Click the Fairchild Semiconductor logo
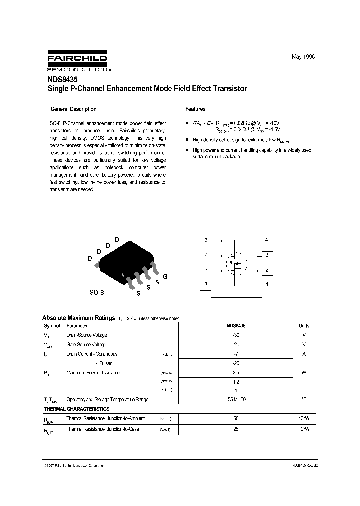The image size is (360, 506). coord(77,61)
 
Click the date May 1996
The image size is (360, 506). coord(303,57)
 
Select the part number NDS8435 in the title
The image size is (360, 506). coord(62,79)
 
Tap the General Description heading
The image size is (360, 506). coord(74,109)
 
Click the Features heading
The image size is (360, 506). coord(195,109)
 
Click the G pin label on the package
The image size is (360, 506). coord(165,276)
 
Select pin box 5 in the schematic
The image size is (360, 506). coord(206,240)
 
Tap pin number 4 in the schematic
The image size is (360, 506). coord(266,240)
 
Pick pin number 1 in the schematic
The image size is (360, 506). coord(266,285)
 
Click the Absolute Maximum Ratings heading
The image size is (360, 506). coord(78,318)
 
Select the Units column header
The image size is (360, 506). coord(303,325)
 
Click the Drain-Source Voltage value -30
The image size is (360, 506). coord(236,335)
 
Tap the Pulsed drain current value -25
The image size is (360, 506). coord(236,363)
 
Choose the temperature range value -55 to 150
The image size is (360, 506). coord(236,399)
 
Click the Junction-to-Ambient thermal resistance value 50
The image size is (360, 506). coord(236,418)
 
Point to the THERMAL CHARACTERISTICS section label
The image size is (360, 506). coord(76,409)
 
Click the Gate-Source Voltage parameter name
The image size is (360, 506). coord(86,344)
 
